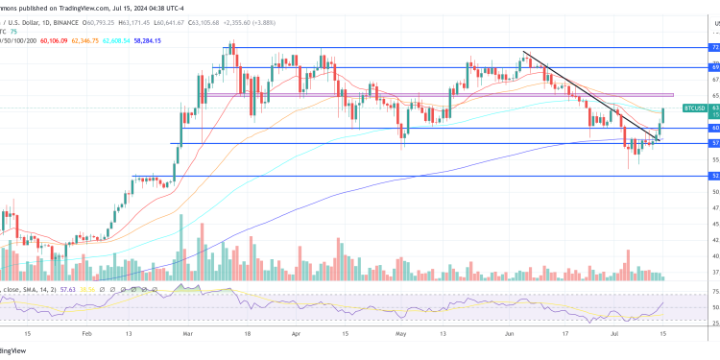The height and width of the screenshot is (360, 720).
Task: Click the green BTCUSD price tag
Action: tap(695, 108)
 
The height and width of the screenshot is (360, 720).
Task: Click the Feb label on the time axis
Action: tap(86, 334)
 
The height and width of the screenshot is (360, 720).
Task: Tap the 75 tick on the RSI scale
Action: tap(715, 294)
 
